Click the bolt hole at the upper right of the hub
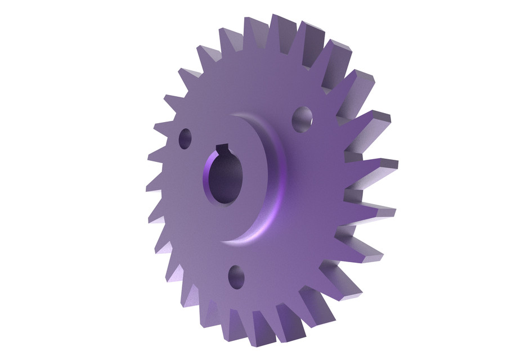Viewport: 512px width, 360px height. pos(303,119)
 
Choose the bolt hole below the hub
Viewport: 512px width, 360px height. pos(237,277)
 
